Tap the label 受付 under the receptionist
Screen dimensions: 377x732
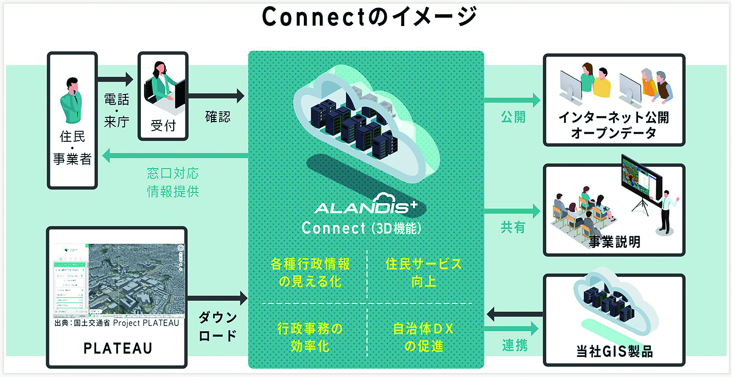(x=163, y=125)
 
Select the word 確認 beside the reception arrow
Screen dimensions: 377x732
(x=218, y=117)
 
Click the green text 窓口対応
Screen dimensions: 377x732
(x=173, y=174)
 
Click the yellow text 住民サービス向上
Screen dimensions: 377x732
(x=423, y=272)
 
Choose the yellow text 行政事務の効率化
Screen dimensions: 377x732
(x=310, y=338)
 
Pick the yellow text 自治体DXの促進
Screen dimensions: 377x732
(x=423, y=338)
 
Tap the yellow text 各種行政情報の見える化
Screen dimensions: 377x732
(x=310, y=272)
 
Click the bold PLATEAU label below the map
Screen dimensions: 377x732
(x=118, y=348)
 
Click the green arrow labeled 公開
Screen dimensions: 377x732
(x=512, y=99)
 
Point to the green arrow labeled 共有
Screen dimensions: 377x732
(x=512, y=210)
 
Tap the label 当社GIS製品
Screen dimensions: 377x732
(x=615, y=351)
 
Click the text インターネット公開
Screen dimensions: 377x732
(x=614, y=117)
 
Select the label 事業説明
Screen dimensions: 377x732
(x=615, y=242)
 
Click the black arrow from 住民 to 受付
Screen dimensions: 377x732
(x=116, y=80)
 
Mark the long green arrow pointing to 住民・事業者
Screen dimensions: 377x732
(x=175, y=156)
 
